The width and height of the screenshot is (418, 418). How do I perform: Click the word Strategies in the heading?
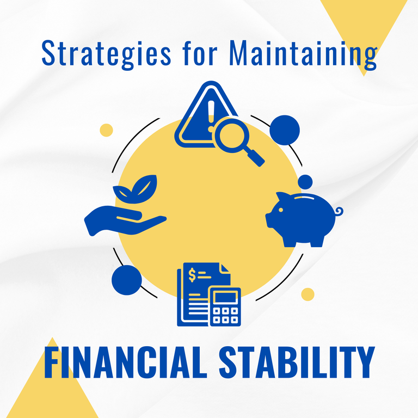click(106, 54)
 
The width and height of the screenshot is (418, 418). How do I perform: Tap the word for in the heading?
click(200, 53)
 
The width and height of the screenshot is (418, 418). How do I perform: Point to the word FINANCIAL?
click(126, 362)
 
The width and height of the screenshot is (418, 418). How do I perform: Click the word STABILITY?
click(297, 362)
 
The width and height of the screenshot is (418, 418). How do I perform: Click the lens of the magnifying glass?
click(232, 136)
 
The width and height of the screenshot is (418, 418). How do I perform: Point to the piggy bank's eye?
click(281, 210)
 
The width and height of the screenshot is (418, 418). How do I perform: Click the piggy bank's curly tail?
click(339, 211)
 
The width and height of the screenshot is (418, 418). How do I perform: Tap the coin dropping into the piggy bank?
click(305, 182)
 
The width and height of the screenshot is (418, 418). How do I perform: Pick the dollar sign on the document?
click(192, 275)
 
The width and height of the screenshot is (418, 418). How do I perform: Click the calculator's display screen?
click(225, 297)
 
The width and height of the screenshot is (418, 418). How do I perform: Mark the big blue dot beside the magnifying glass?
click(285, 130)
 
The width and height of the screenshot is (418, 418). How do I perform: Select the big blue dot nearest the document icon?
click(127, 280)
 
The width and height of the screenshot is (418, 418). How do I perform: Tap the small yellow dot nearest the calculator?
click(308, 294)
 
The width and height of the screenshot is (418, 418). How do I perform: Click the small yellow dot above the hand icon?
click(106, 130)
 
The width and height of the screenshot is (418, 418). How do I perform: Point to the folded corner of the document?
click(225, 268)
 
